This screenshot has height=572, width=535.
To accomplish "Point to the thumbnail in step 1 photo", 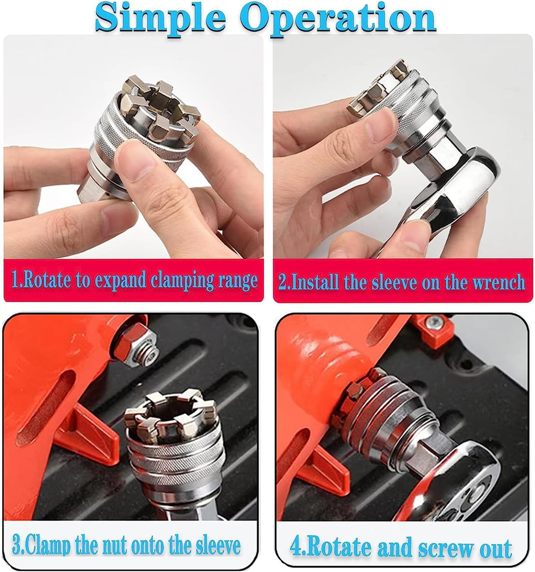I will click(134, 155).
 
